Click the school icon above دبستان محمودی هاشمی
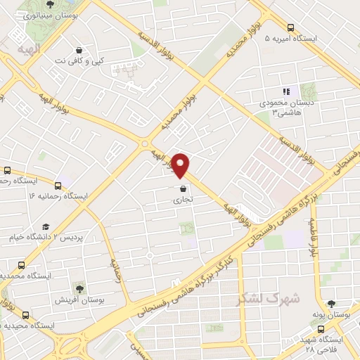point(286,91)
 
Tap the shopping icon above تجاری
point(184,188)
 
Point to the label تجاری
point(183,200)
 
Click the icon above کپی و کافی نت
point(79,50)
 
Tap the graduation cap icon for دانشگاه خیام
point(46,226)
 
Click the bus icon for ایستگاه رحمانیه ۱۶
point(58,186)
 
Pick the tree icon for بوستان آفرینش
point(79,288)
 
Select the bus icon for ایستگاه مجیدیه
point(25,314)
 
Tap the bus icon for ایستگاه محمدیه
point(21,266)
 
